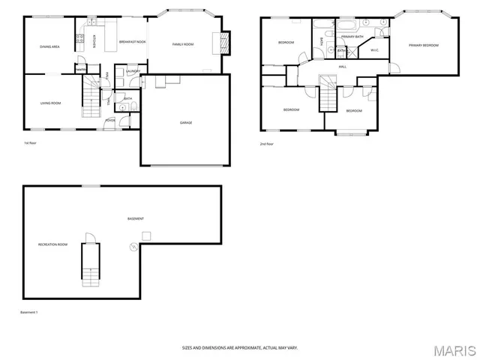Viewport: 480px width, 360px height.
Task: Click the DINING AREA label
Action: tap(49, 46)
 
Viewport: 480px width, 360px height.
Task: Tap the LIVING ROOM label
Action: tap(49, 103)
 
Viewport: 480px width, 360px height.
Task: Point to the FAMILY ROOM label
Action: tap(183, 44)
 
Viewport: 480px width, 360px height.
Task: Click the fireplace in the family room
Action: tap(223, 41)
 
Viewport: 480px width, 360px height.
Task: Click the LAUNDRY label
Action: tap(133, 71)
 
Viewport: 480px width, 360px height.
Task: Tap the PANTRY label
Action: tap(80, 70)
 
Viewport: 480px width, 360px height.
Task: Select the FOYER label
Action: tap(109, 119)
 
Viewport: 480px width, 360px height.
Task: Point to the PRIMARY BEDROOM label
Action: tap(424, 45)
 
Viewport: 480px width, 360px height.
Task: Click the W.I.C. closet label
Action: tap(375, 50)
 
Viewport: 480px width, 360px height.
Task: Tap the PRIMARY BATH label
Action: tap(352, 36)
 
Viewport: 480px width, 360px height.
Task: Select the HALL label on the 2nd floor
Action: tap(342, 67)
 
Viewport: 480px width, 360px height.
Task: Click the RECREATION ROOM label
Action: tap(53, 244)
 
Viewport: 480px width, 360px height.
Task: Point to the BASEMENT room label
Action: tap(135, 218)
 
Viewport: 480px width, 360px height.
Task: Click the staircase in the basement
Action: tap(90, 269)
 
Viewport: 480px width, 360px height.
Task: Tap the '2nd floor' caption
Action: tap(266, 143)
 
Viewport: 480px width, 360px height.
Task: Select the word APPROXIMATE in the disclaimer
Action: tap(241, 347)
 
